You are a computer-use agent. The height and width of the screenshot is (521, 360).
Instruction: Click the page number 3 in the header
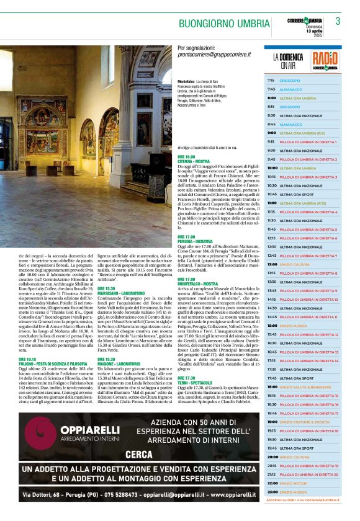[338, 21]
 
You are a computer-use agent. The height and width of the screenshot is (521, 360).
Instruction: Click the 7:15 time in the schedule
[271, 81]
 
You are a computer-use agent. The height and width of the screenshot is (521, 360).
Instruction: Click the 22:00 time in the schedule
[272, 483]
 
